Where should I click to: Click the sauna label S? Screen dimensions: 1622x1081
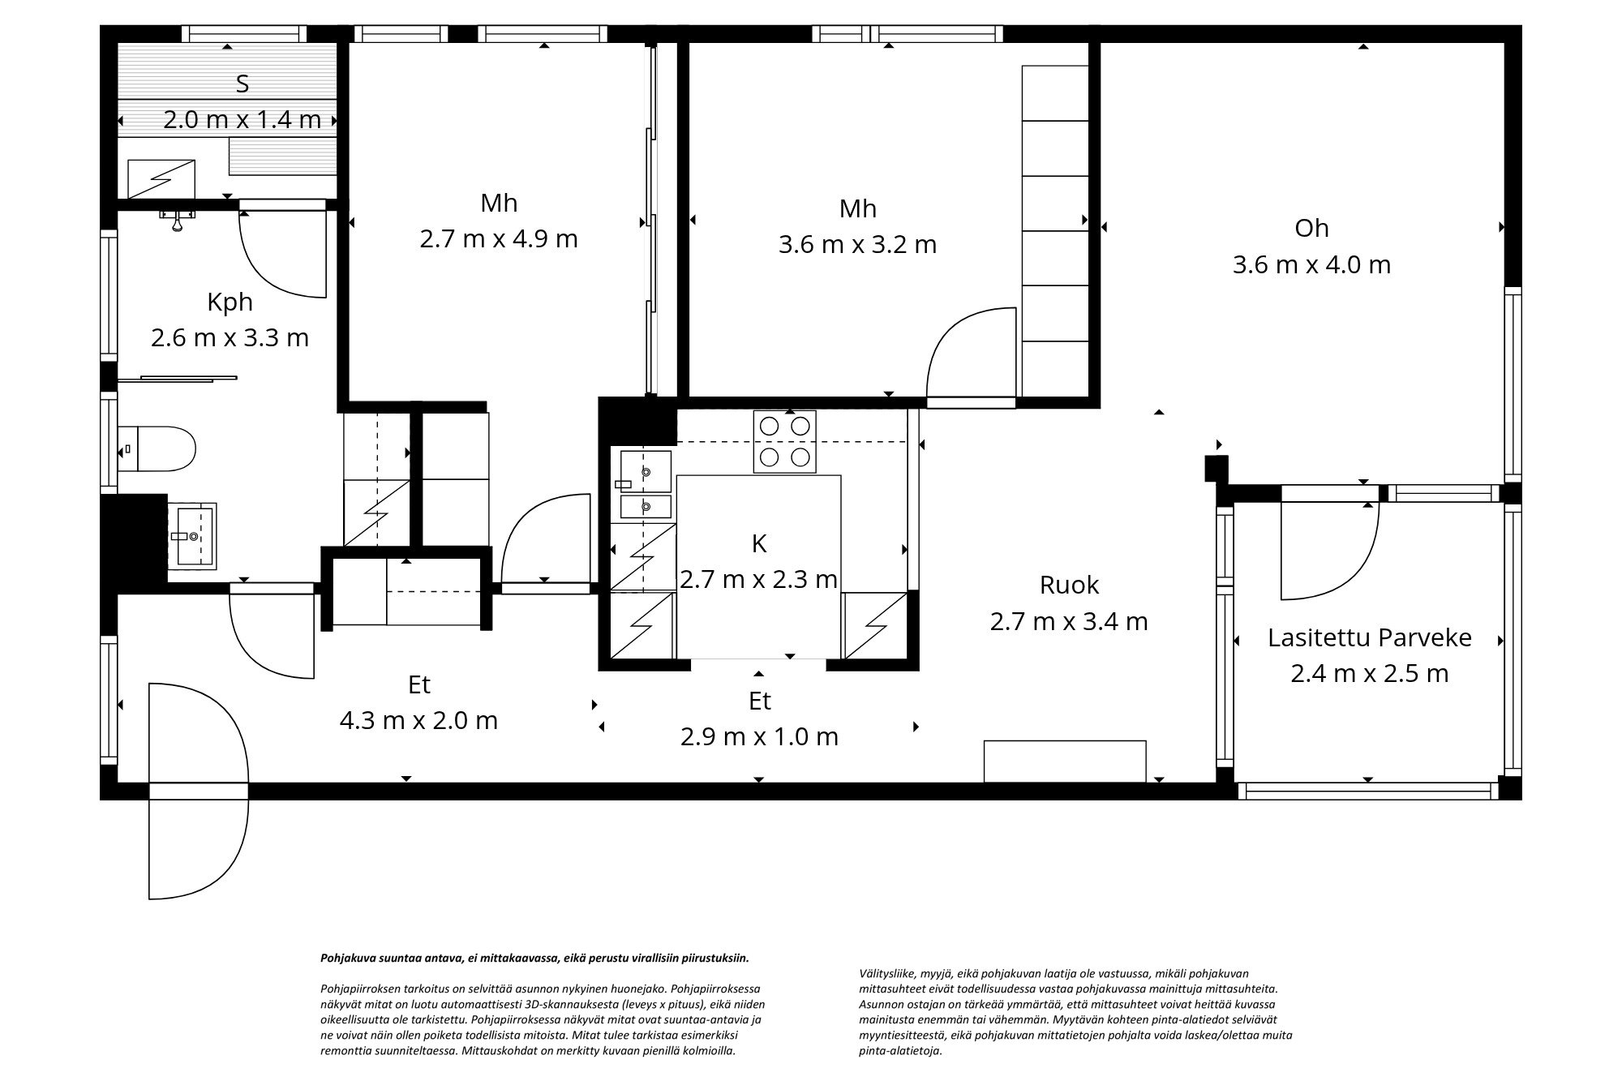(x=242, y=84)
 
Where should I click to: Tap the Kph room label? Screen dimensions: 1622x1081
(x=230, y=302)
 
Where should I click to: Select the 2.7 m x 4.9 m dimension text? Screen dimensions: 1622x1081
(x=499, y=239)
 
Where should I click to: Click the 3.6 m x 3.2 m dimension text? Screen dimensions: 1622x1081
(x=857, y=244)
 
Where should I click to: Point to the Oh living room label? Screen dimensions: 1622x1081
(x=1311, y=228)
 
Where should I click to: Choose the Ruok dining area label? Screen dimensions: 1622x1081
(x=1069, y=585)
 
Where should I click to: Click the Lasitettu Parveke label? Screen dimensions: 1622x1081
(x=1369, y=637)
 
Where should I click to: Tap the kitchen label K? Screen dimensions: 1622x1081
(x=759, y=543)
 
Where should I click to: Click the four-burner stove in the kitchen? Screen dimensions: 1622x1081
(x=785, y=442)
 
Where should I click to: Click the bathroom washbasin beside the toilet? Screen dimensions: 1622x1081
(x=192, y=536)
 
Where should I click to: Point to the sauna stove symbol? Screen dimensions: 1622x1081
(x=161, y=178)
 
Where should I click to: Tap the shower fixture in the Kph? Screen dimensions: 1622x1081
(x=176, y=218)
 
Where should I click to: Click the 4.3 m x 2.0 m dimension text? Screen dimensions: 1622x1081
(x=418, y=720)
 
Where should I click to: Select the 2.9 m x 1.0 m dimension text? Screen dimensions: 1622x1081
(x=759, y=736)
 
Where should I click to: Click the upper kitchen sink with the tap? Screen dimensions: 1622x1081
(x=646, y=472)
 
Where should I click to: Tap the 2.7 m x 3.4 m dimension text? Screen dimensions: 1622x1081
(x=1069, y=621)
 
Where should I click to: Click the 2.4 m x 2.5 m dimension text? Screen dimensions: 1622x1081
(x=1369, y=673)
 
